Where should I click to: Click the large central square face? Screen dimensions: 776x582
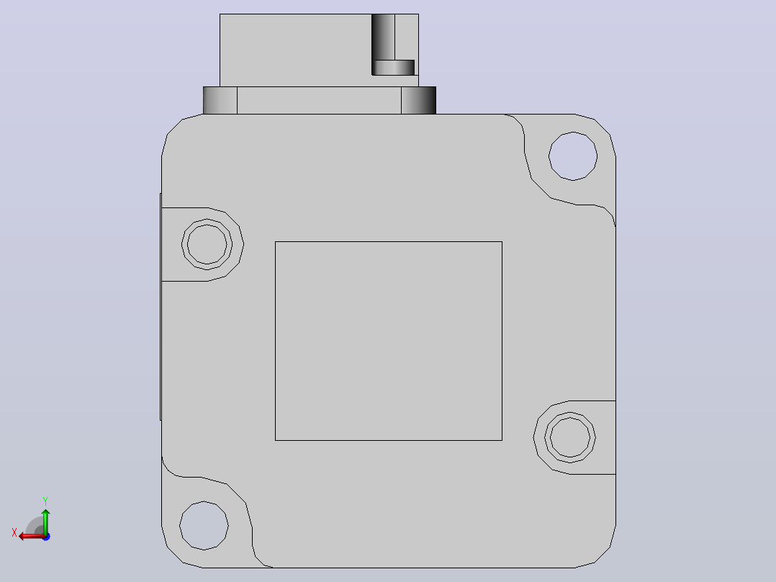click(x=389, y=341)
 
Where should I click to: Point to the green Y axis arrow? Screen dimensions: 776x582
click(x=45, y=521)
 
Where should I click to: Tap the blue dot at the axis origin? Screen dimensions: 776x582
click(x=46, y=537)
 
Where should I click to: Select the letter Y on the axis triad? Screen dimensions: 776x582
click(x=45, y=501)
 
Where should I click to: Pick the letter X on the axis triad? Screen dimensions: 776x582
click(x=14, y=532)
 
